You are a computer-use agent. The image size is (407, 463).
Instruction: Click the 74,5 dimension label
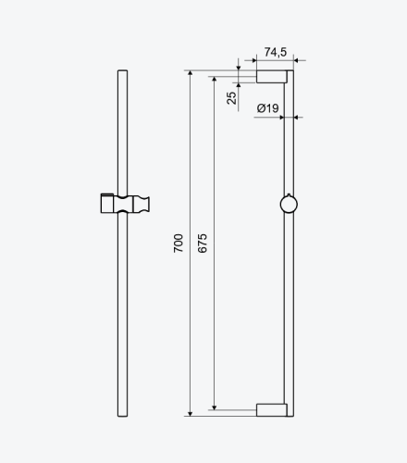click(x=276, y=52)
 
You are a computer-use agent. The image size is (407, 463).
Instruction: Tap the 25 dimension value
click(x=231, y=98)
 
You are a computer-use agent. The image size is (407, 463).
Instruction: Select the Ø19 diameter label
click(x=267, y=108)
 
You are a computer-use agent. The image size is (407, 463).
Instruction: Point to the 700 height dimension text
click(x=179, y=244)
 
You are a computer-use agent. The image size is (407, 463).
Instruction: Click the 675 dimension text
click(x=203, y=244)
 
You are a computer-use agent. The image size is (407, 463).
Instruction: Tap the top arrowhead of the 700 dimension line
click(x=191, y=73)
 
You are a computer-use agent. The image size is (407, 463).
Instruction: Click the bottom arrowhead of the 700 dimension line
click(x=191, y=414)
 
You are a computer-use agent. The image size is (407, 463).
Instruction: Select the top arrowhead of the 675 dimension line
click(x=215, y=79)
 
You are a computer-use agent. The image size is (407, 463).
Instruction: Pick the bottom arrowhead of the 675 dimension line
click(x=215, y=407)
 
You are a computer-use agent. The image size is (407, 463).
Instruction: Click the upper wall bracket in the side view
click(x=272, y=77)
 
